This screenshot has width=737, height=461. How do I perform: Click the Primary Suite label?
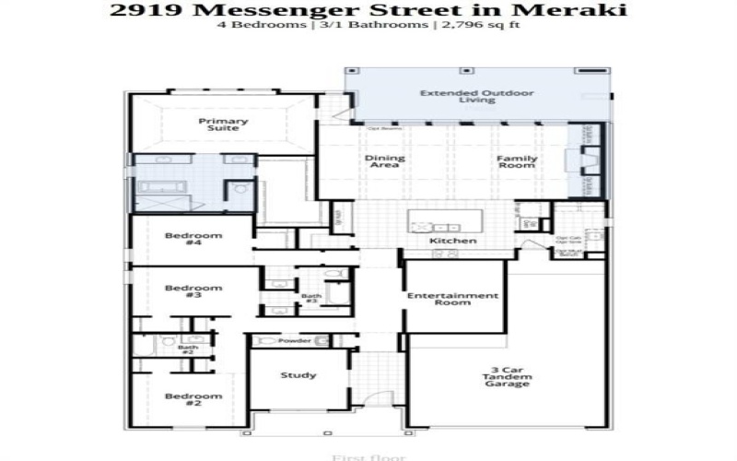(224, 124)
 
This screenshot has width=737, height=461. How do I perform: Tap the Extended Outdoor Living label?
(477, 97)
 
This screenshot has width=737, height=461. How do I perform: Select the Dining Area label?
(385, 161)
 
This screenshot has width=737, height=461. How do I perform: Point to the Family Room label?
(517, 161)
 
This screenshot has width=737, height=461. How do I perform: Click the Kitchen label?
(453, 242)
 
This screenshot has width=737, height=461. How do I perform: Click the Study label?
(298, 374)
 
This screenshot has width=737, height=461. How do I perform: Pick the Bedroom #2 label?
(193, 400)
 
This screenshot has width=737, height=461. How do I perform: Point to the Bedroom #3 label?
(193, 292)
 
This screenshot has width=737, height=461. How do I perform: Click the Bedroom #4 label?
(193, 240)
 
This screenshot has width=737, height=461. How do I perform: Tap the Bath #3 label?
(310, 299)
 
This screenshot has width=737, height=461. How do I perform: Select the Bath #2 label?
(187, 350)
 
